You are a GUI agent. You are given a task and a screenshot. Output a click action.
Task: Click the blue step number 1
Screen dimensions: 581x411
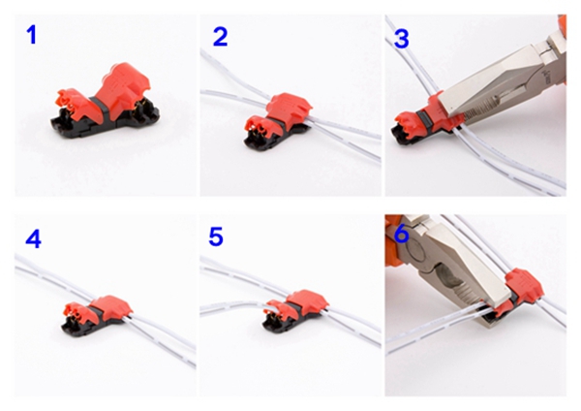[32, 36]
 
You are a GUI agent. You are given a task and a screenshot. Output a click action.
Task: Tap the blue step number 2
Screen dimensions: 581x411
[220, 37]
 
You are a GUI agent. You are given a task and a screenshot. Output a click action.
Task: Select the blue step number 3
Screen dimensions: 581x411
[402, 39]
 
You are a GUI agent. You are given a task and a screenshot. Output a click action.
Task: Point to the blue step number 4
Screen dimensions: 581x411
[33, 238]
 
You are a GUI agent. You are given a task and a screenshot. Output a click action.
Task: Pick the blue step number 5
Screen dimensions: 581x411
[216, 237]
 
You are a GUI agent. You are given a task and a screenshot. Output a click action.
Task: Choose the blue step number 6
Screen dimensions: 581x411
[402, 235]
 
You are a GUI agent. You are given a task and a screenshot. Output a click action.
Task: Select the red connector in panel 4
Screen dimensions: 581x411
[97, 316]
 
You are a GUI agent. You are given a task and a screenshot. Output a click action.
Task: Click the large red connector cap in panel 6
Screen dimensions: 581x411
[524, 287]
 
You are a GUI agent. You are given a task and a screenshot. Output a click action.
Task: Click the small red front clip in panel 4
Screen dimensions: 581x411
[76, 311]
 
